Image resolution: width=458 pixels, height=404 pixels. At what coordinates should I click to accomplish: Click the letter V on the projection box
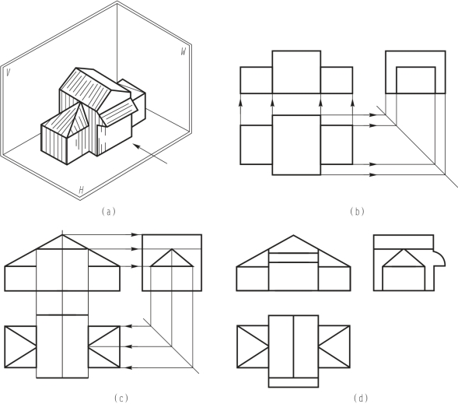(9, 72)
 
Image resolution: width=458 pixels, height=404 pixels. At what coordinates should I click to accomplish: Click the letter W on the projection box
(184, 51)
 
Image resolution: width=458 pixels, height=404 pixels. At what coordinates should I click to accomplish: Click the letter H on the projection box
(81, 190)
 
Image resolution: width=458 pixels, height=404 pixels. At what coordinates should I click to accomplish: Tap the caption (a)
(109, 212)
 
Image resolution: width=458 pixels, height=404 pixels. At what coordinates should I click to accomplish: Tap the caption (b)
(357, 212)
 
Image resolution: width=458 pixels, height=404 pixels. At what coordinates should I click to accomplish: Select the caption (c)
(121, 398)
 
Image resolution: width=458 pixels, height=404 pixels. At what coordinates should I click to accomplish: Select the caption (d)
(361, 398)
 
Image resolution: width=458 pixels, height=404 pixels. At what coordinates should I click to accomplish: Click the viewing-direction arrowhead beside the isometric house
(136, 146)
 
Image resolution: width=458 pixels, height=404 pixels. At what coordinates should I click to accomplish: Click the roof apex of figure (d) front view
(293, 235)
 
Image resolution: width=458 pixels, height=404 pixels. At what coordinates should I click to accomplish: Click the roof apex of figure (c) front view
(62, 235)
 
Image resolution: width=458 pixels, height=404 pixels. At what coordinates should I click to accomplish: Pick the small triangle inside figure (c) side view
(172, 258)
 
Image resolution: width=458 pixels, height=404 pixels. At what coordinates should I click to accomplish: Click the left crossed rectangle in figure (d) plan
(253, 346)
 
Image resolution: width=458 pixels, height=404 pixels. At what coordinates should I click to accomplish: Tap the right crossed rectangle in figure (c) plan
(104, 346)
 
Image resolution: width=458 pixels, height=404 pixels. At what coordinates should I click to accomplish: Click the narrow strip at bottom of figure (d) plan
(293, 382)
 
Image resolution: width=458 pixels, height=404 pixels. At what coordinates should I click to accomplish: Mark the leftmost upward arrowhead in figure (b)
(241, 103)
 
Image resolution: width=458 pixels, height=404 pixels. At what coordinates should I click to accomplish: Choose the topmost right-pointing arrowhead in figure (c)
(134, 234)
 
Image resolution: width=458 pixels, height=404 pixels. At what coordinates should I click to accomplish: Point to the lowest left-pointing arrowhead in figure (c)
(129, 367)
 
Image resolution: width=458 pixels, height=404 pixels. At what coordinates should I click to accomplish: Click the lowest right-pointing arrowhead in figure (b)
(372, 175)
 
